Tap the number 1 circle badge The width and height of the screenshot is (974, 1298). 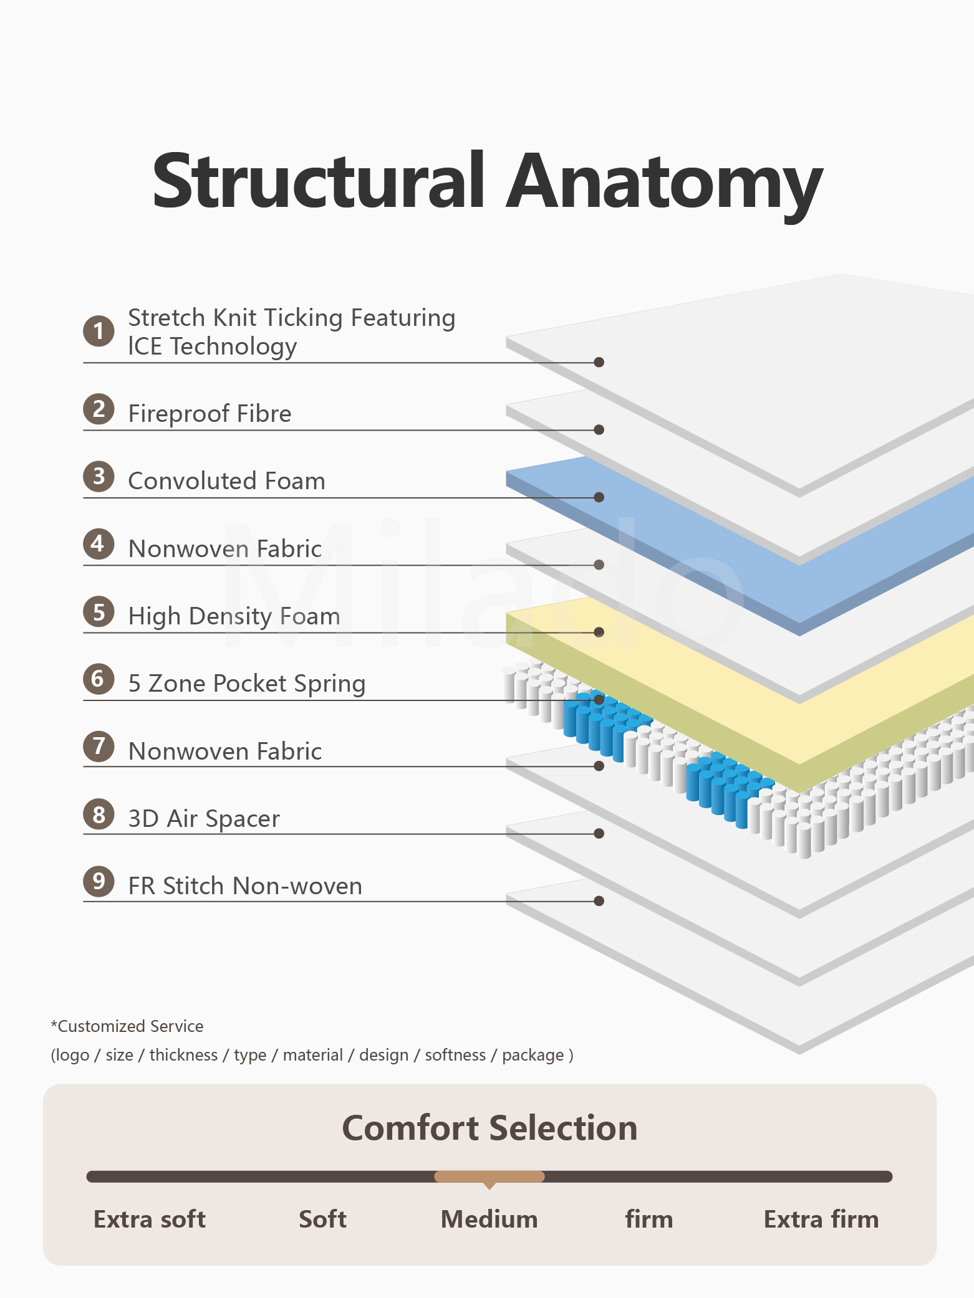pyautogui.click(x=99, y=331)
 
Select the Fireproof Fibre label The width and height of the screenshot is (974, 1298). pyautogui.click(x=210, y=414)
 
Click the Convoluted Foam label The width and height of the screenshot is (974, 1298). pyautogui.click(x=226, y=481)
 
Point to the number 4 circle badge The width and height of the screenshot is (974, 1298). pyautogui.click(x=99, y=544)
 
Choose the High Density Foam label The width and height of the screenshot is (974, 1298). pyautogui.click(x=234, y=616)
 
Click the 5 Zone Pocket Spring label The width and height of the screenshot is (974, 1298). pyautogui.click(x=246, y=684)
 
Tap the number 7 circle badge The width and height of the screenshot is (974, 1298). pyautogui.click(x=99, y=747)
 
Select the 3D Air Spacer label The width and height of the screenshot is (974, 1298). pyautogui.click(x=204, y=819)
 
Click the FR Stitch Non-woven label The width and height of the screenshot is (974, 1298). pyautogui.click(x=245, y=886)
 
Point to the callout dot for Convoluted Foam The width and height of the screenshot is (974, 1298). pyautogui.click(x=599, y=497)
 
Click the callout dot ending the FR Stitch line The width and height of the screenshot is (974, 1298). pyautogui.click(x=599, y=901)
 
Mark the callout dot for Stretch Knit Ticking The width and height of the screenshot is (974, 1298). pyautogui.click(x=599, y=362)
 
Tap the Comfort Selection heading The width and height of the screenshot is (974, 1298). pyautogui.click(x=489, y=1128)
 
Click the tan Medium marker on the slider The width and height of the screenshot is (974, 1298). pyautogui.click(x=489, y=1176)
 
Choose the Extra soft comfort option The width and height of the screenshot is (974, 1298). pyautogui.click(x=150, y=1219)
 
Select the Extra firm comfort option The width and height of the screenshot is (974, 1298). pyautogui.click(x=821, y=1219)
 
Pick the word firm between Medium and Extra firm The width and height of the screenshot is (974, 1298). pyautogui.click(x=649, y=1219)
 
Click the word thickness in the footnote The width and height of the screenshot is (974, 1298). pyautogui.click(x=183, y=1055)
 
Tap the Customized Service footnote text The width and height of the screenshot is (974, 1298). pyautogui.click(x=127, y=1026)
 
